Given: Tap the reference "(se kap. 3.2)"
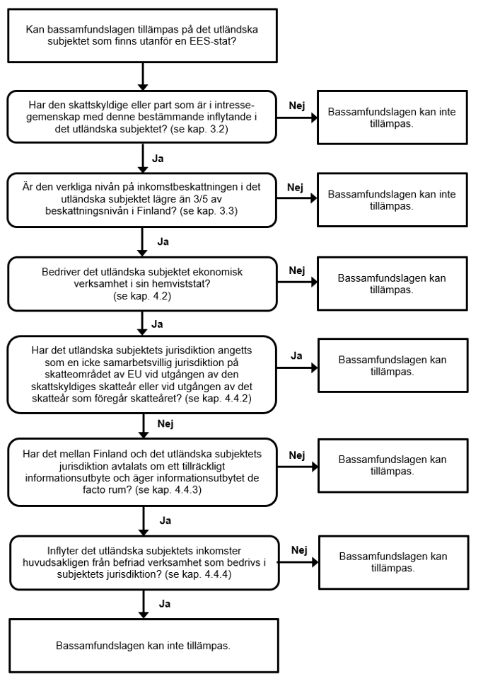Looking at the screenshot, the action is [x=199, y=129].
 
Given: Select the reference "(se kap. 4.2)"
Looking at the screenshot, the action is [x=142, y=296].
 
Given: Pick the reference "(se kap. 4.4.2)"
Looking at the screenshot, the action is [x=219, y=398].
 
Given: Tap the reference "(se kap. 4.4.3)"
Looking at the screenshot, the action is [x=168, y=490].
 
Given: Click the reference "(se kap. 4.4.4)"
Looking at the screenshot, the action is [x=198, y=574].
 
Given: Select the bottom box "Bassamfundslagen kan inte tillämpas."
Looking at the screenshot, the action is [x=144, y=646].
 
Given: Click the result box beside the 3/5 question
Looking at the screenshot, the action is [x=392, y=200].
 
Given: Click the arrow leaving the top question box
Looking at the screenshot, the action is [x=143, y=76].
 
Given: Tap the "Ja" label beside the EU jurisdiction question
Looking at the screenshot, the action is [x=296, y=356].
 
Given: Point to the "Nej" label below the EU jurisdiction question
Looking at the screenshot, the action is [x=165, y=423].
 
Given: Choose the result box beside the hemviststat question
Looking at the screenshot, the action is [x=392, y=283].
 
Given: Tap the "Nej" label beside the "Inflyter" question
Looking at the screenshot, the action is [x=299, y=550].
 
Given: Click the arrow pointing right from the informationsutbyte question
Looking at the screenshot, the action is [x=298, y=467].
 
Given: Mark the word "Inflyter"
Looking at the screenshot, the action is [x=63, y=551].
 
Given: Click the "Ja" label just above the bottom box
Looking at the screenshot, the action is [x=165, y=604].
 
